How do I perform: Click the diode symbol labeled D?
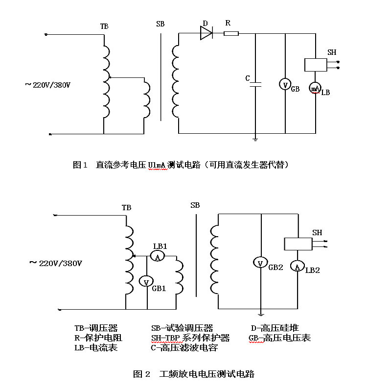point(206,33)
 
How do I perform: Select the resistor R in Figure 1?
point(230,33)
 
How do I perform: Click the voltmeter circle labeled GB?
point(285,84)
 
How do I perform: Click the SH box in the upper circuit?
point(316,65)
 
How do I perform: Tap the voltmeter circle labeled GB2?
point(261,263)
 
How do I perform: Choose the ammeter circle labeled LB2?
point(298,266)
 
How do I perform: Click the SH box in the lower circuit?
point(298,244)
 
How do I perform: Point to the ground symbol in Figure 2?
point(261,315)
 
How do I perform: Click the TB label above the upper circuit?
point(104,26)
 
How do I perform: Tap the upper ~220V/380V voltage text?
point(48,85)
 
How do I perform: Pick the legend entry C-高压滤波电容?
point(184,348)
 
